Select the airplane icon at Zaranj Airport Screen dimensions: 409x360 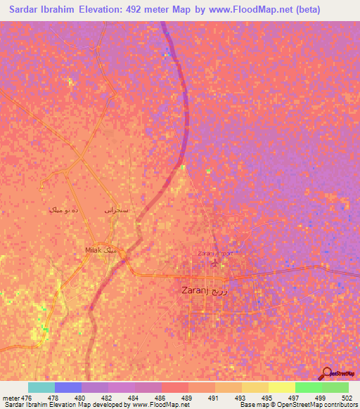click(214, 264)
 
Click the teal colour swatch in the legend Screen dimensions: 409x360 click(41, 387)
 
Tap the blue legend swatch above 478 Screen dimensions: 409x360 click(68, 387)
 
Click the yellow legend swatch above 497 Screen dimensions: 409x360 click(281, 387)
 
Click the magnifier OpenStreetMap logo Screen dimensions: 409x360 click(326, 373)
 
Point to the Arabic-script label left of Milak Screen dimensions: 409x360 click(61, 210)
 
